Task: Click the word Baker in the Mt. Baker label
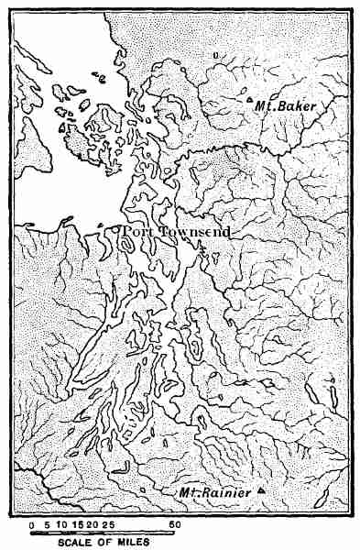tap(298, 107)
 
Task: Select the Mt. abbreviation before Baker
tap(267, 107)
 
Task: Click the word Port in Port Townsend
tap(138, 233)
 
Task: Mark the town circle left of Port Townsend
tap(119, 231)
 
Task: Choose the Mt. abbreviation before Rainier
tap(190, 494)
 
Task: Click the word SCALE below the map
tap(72, 543)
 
